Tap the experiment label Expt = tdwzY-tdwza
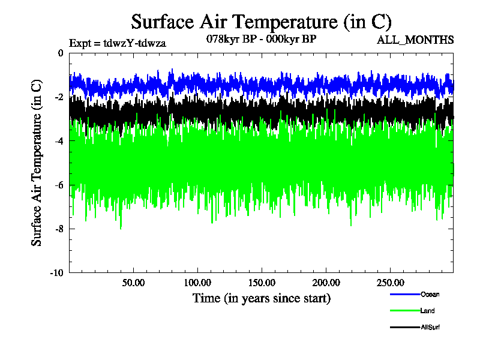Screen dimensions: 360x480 (x=118, y=43)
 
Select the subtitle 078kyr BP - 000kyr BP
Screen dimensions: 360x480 (x=261, y=39)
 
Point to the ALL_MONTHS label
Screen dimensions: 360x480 (x=415, y=40)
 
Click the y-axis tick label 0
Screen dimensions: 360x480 (x=60, y=53)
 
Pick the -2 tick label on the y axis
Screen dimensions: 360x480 (x=58, y=97)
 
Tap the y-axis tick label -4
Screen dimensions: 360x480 (x=58, y=141)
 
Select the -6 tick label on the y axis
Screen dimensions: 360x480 (x=58, y=185)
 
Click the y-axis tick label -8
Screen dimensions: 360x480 (x=58, y=229)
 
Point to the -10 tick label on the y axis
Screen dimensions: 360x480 (x=56, y=272)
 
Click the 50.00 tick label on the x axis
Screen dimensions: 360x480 (x=133, y=283)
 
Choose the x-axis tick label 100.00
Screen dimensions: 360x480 (x=197, y=283)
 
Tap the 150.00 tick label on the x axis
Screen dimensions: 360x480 (x=262, y=283)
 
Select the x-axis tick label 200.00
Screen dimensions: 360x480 (x=326, y=283)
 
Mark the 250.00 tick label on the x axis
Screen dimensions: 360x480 (x=390, y=283)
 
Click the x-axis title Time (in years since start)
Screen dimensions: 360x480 (x=261, y=298)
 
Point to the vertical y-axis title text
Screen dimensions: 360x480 (x=37, y=163)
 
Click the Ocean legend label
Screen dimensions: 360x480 (x=430, y=294)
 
